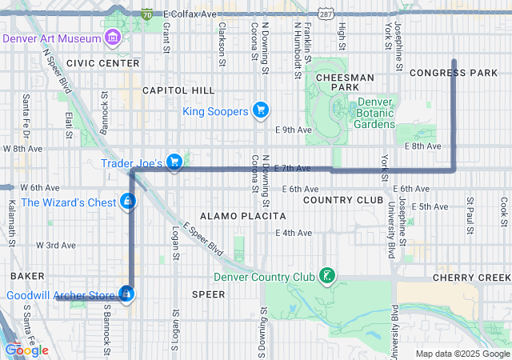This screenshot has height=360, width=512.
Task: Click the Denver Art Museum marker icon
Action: pos(112,38)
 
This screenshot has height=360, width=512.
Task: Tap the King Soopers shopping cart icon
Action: pos(260,110)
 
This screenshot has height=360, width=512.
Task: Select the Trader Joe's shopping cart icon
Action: pos(174,162)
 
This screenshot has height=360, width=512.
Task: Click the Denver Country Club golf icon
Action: pos(326,277)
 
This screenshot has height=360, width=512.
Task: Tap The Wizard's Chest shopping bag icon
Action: pos(128,202)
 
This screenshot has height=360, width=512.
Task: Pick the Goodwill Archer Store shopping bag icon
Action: pos(126,295)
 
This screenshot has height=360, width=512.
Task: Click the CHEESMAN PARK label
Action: pos(346,82)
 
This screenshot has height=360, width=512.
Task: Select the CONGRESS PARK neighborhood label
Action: pos(454,73)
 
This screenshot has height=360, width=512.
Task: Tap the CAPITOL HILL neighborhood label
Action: pos(178,90)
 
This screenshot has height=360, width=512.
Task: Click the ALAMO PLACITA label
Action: pos(242,216)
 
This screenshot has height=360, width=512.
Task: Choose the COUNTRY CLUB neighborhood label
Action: pos(344,199)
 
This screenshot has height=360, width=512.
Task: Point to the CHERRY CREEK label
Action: pos(470,277)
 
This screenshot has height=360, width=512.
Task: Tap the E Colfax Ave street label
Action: pos(190,14)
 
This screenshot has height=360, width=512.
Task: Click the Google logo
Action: pos(26,350)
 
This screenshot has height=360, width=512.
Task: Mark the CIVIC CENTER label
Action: pos(103,62)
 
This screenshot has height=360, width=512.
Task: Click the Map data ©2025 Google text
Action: pos(462,354)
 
